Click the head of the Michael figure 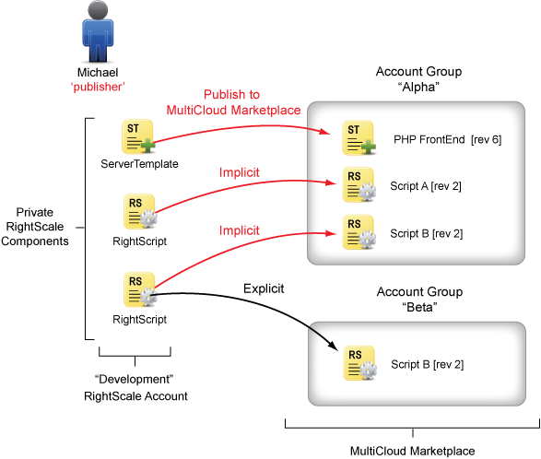tap(98, 9)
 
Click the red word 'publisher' tap(98, 87)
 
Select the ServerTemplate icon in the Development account tap(138, 136)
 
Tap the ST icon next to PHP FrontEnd tap(359, 137)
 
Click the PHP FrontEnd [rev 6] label tap(448, 139)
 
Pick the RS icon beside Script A tap(359, 184)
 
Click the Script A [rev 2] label tap(426, 186)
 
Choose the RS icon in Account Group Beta tap(359, 363)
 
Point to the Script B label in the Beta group tap(427, 364)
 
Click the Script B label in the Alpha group tap(427, 233)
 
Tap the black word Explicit tap(264, 288)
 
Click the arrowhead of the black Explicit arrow tap(334, 346)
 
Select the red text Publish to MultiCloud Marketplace tap(233, 102)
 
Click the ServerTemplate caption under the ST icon tap(139, 163)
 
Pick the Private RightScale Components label tap(35, 227)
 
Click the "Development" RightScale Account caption tap(135, 387)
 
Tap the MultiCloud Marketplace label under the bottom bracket tap(413, 451)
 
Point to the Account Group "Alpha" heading tap(418, 79)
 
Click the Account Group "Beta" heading tap(419, 300)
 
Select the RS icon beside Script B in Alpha tap(359, 232)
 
